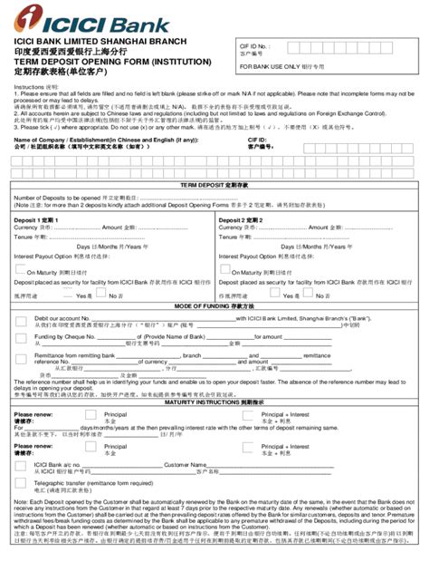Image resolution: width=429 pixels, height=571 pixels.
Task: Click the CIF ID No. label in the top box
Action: (x=254, y=44)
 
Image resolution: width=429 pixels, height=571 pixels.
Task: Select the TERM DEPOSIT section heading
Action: (x=214, y=184)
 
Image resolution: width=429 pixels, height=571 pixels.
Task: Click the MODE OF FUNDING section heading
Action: (x=214, y=307)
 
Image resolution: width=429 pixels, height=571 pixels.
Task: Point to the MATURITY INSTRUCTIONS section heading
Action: (x=214, y=402)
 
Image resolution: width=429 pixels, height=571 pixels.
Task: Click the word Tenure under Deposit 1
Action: (x=27, y=236)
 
